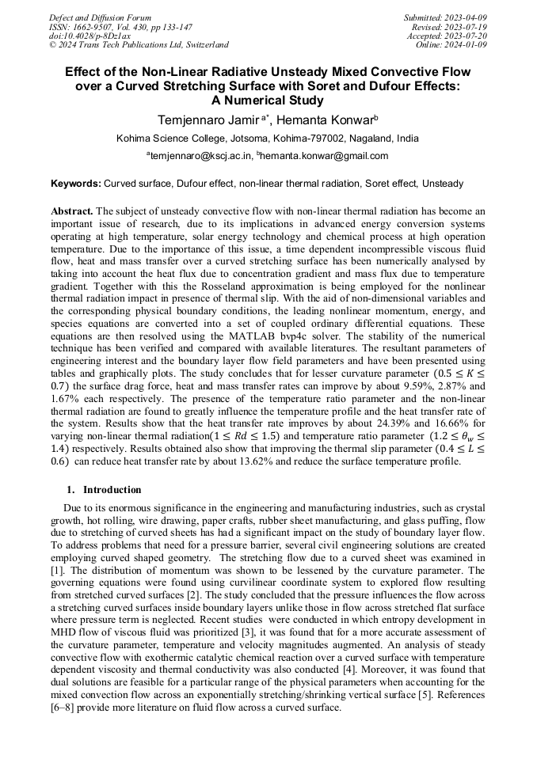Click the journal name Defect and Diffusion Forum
100,17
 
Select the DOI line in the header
89,36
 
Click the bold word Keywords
76,184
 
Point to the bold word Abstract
72,212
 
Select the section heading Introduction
112,490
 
